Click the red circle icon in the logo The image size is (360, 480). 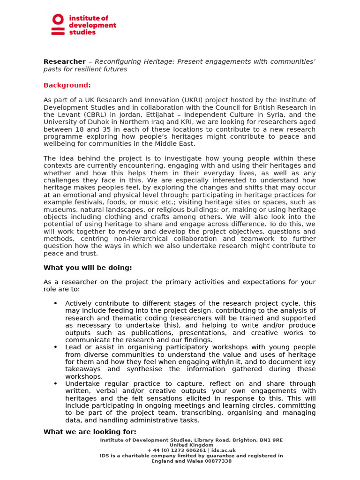pyautogui.click(x=58, y=20)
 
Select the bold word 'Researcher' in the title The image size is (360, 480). pyautogui.click(x=65, y=62)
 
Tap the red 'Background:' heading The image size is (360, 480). pyautogui.click(x=67, y=85)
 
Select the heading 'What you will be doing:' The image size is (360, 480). pyautogui.click(x=88, y=268)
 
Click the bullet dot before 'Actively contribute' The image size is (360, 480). pyautogui.click(x=55, y=303)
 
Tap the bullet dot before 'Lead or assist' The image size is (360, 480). pyautogui.click(x=55, y=347)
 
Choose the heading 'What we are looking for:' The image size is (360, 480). pyautogui.click(x=90, y=432)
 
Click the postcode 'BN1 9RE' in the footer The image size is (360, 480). pyautogui.click(x=272, y=440)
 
